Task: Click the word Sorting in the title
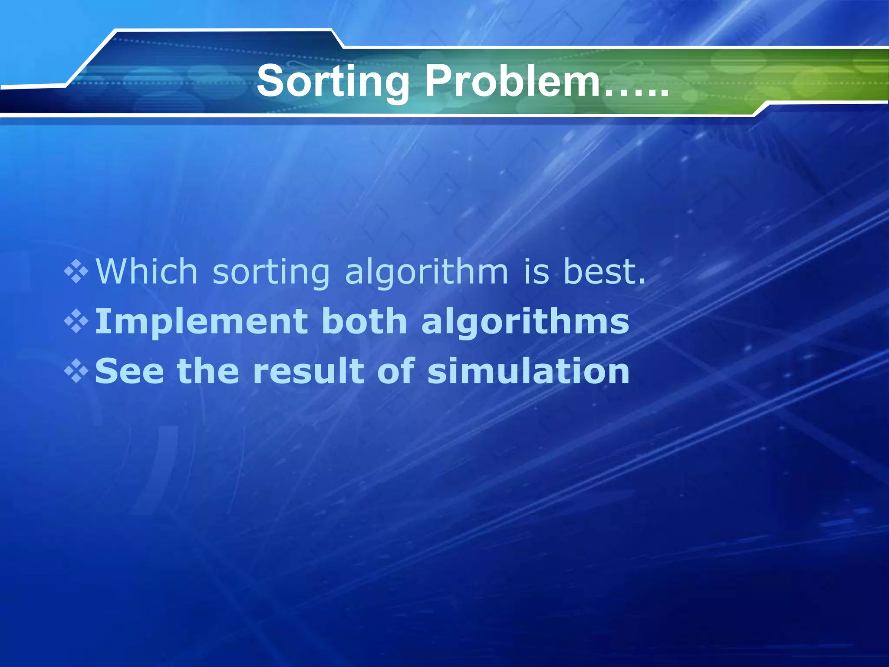(333, 82)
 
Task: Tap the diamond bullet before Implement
(76, 322)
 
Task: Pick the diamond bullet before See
(76, 372)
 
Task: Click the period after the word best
(642, 282)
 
